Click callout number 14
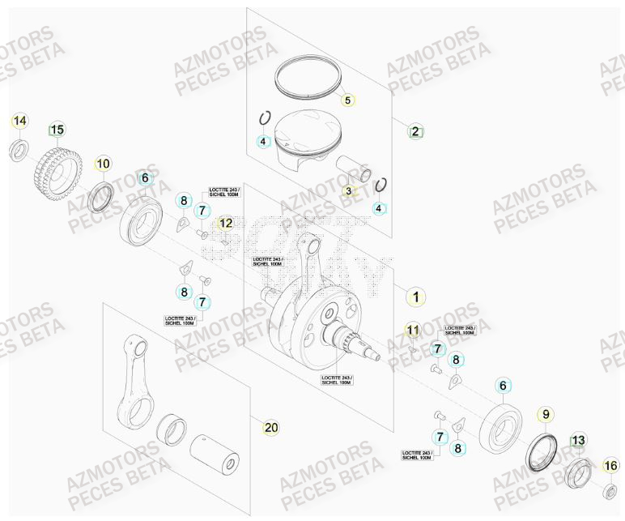(x=19, y=122)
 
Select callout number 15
(x=57, y=130)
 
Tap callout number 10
(x=103, y=164)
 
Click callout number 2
(x=415, y=131)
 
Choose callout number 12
(x=226, y=223)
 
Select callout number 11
(x=413, y=330)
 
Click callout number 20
(x=271, y=427)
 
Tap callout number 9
(x=546, y=415)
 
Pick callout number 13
(x=577, y=441)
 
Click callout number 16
(x=610, y=466)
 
